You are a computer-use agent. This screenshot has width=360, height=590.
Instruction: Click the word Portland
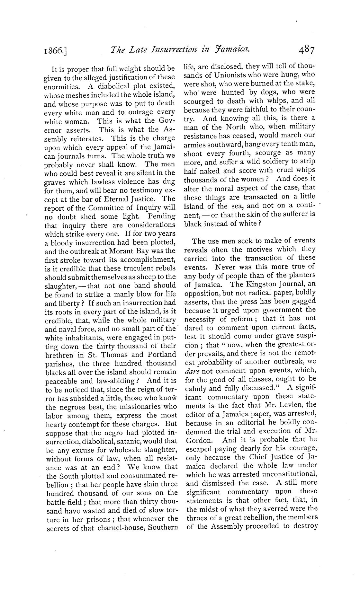click(x=162, y=355)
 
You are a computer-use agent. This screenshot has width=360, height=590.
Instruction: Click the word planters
click(x=302, y=275)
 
